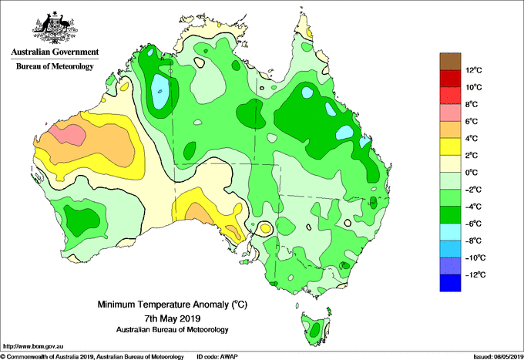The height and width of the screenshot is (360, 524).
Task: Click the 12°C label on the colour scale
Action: [x=474, y=70]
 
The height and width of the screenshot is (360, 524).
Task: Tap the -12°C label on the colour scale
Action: [x=475, y=275]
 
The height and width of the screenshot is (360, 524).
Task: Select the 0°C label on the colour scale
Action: [x=472, y=173]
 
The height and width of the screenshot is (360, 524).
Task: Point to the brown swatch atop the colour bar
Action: [x=450, y=62]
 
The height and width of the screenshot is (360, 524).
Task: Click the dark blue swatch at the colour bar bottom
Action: [x=450, y=283]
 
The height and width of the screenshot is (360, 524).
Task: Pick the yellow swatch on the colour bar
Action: [x=450, y=146]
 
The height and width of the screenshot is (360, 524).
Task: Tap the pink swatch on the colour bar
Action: [x=450, y=113]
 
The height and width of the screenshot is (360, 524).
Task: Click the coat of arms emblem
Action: [x=55, y=28]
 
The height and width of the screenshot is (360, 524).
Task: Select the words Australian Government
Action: [x=55, y=52]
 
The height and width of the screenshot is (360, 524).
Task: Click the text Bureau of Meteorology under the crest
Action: [x=55, y=66]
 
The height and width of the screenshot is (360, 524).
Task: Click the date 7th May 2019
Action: [x=172, y=318]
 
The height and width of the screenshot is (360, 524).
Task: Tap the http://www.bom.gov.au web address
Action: [x=33, y=346]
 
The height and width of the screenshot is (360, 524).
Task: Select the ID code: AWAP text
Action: [x=217, y=357]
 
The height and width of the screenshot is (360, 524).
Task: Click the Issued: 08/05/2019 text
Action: [x=499, y=357]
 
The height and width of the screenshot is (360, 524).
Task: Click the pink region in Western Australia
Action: [x=69, y=133]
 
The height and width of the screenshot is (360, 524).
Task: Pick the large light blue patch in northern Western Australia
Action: [x=160, y=91]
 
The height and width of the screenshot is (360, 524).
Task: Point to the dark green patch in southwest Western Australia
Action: [x=81, y=220]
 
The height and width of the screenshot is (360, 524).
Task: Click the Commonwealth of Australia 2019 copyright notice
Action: [x=92, y=357]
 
